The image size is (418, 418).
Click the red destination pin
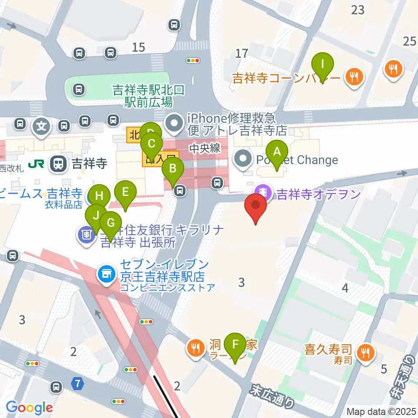pos(256,208)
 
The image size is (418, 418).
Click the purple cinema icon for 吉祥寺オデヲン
pos(263,192)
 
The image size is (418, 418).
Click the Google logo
pos(29,408)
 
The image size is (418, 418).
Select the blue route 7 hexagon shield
pos(77,384)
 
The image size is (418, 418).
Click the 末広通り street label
pos(272,395)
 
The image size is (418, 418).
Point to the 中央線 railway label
pos(205,148)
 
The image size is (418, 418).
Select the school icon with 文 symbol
pos(41,127)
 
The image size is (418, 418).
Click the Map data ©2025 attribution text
pos(381,411)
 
